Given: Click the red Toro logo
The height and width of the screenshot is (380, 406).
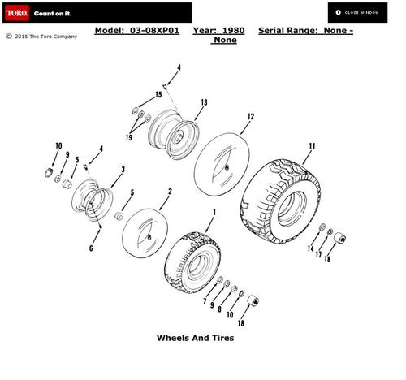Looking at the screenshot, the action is click(17, 13).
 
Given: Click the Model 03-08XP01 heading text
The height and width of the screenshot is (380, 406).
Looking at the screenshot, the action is click(137, 31).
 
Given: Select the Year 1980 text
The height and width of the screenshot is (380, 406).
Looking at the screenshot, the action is click(218, 31).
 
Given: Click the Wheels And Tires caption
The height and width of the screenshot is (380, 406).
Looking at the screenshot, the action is click(195, 338).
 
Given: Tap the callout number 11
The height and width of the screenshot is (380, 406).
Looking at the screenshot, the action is click(313, 146).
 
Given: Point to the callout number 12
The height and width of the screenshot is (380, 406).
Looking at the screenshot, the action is click(251, 117).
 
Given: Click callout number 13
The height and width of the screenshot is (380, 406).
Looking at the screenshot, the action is click(205, 102).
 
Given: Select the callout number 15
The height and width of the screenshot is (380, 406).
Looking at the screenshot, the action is click(158, 95).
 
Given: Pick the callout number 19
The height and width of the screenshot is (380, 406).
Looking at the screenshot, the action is click(129, 137).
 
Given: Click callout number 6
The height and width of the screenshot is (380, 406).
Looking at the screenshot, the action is click(91, 248).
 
